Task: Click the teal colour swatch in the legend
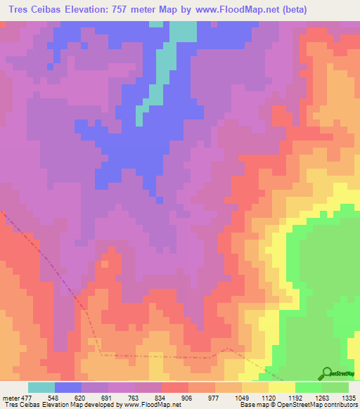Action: pyautogui.click(x=41, y=387)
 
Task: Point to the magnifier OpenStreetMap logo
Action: pyautogui.click(x=326, y=373)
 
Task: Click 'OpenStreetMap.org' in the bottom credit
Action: pyautogui.click(x=331, y=405)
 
